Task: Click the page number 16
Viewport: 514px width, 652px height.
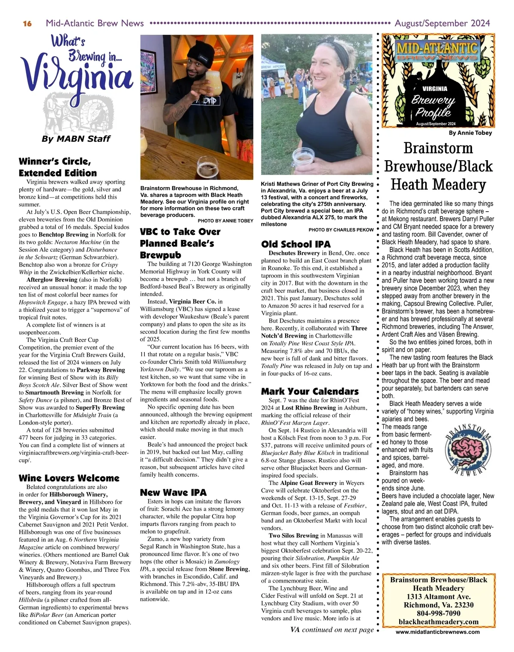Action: click(27, 24)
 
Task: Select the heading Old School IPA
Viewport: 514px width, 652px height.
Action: click(296, 244)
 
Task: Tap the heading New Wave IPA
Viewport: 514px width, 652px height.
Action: click(173, 492)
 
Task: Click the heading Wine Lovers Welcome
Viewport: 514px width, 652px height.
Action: click(69, 478)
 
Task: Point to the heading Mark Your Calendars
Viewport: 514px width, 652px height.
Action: click(310, 392)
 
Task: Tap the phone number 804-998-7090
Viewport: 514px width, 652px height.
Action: click(438, 613)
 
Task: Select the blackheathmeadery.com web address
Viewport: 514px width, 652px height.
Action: click(438, 622)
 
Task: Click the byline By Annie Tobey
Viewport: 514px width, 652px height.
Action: click(470, 133)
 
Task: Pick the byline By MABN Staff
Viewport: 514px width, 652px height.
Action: click(76, 139)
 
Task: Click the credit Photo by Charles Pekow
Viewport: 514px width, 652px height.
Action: click(341, 230)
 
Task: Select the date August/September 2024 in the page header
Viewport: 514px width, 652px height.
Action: click(442, 23)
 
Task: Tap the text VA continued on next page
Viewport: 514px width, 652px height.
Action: click(332, 630)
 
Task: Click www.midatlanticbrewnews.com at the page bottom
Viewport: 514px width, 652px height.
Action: click(437, 632)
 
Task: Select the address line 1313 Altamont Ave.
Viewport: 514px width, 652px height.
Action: click(438, 597)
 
